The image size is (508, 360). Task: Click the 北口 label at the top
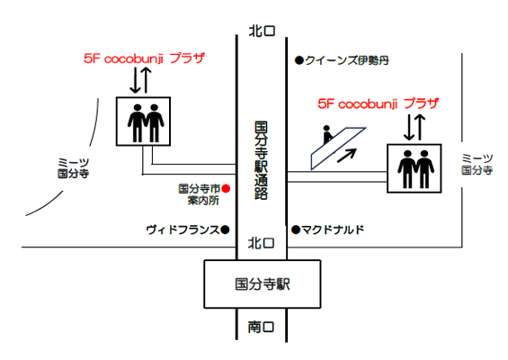[262, 31]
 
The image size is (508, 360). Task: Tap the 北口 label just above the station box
[261, 243]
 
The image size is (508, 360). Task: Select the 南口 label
[261, 327]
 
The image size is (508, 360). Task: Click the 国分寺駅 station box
[263, 284]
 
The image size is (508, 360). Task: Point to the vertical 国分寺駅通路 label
[261, 160]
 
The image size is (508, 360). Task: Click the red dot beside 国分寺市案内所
[226, 188]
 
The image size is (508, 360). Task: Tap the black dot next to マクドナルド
[296, 229]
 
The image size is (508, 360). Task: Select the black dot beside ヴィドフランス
[225, 229]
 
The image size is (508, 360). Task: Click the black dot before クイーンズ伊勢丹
[299, 60]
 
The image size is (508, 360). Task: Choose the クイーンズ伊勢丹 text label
[347, 60]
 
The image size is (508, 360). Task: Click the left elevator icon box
[143, 121]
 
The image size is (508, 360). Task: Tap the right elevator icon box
[414, 168]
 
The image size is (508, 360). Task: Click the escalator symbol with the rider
[337, 148]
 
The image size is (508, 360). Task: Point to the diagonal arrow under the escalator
[347, 156]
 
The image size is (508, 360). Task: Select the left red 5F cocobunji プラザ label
[144, 58]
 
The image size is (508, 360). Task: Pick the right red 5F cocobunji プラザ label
[379, 103]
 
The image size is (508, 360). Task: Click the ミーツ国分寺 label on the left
[73, 168]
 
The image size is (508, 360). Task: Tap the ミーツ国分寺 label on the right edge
[477, 164]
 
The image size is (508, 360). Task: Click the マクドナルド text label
[333, 229]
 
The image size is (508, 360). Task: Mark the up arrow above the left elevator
[147, 80]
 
